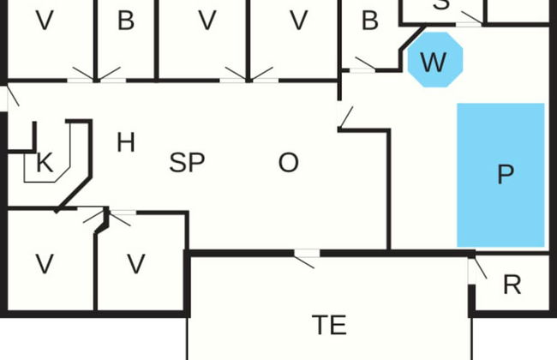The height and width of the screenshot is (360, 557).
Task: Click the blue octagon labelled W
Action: click(x=434, y=61)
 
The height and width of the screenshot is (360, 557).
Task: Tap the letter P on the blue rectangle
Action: click(x=506, y=175)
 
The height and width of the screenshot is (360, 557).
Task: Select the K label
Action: click(x=44, y=163)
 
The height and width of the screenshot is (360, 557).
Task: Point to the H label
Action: click(x=125, y=142)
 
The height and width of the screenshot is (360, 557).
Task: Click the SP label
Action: click(x=187, y=163)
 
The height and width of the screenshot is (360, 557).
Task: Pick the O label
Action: click(x=289, y=163)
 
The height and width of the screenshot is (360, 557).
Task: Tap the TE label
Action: click(x=329, y=325)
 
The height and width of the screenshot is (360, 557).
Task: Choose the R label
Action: click(x=512, y=285)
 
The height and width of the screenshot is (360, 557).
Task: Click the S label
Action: click(x=441, y=4)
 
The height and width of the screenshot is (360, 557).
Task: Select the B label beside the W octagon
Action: click(x=369, y=21)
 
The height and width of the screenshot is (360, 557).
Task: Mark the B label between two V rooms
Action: click(x=125, y=21)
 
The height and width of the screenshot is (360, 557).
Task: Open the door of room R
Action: click(x=476, y=269)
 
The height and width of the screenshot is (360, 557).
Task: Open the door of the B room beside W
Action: click(x=363, y=64)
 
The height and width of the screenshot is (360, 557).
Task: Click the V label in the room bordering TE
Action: click(x=136, y=264)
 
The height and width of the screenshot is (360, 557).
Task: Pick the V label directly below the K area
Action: click(x=45, y=264)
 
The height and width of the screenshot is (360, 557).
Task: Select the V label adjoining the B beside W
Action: click(x=297, y=21)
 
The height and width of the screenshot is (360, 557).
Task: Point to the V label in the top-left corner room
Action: click(x=45, y=21)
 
